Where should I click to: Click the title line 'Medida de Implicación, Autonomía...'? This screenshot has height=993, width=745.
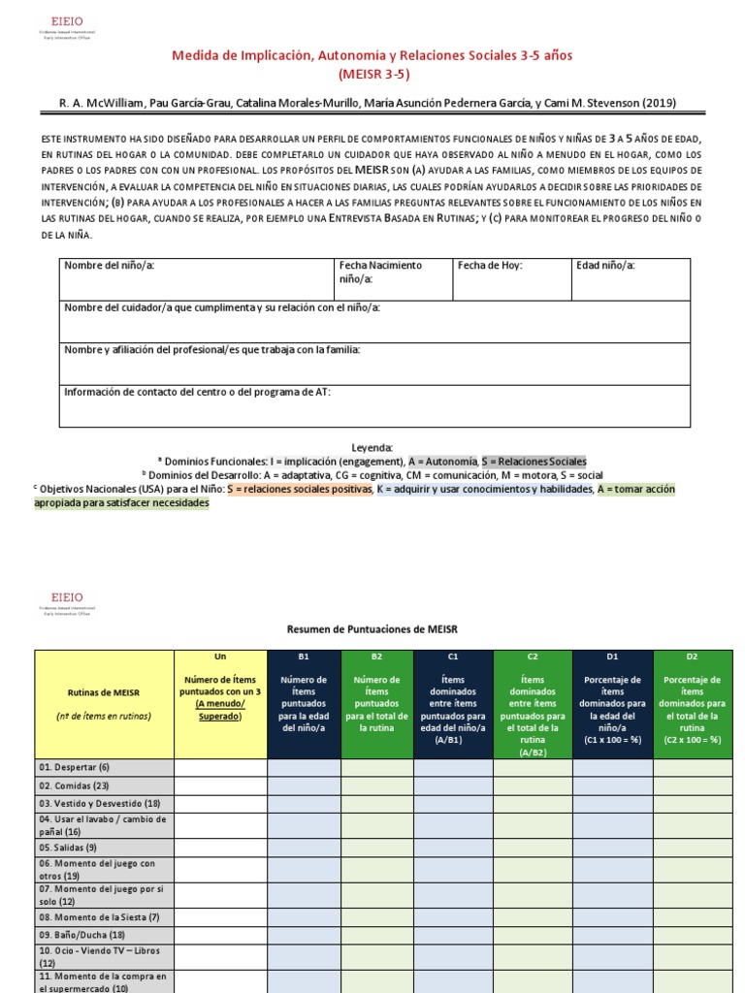[x=372, y=55]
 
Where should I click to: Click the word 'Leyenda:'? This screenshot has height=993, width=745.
[x=372, y=448]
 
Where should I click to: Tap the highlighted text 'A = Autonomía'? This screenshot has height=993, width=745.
[x=442, y=462]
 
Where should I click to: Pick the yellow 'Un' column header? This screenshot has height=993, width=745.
[x=220, y=657]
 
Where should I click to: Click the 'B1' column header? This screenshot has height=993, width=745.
[x=303, y=657]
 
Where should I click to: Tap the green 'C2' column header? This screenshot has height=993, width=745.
[x=533, y=657]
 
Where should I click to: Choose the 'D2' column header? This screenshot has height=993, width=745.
[x=692, y=657]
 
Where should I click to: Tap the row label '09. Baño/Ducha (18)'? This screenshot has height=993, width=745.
[x=79, y=936]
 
